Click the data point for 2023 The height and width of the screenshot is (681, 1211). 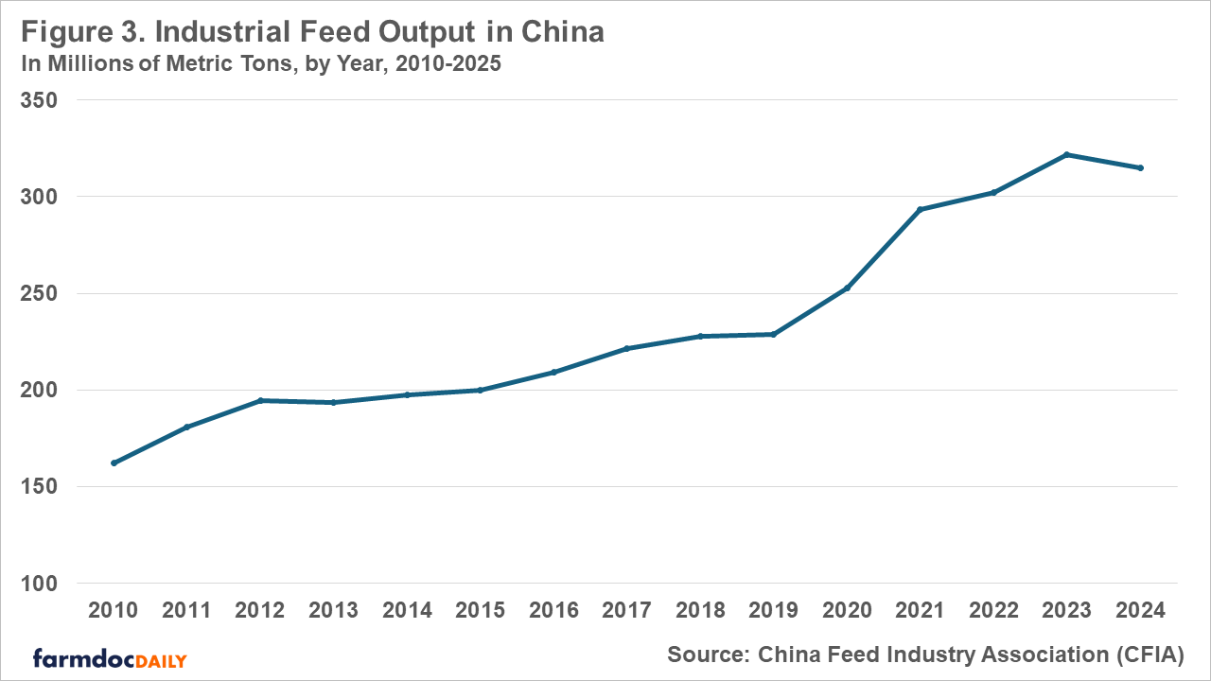(1066, 154)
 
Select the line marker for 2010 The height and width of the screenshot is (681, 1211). (114, 463)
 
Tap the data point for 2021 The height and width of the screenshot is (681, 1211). (920, 209)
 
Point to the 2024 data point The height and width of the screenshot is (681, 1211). (1140, 167)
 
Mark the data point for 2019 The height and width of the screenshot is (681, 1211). (773, 334)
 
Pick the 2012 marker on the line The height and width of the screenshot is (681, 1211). (260, 400)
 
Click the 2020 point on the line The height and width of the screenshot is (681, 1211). (847, 288)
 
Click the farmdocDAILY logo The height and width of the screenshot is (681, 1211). (110, 658)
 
